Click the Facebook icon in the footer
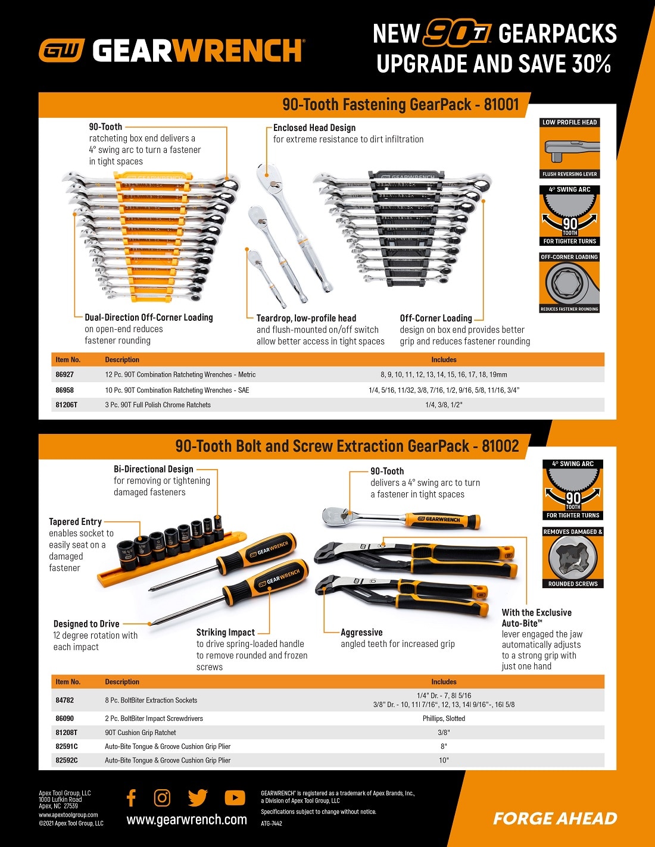pyautogui.click(x=132, y=798)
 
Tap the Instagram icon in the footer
pyautogui.click(x=162, y=798)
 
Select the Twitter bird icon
pyautogui.click(x=198, y=798)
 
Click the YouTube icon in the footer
pyautogui.click(x=235, y=798)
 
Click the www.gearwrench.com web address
pyautogui.click(x=186, y=820)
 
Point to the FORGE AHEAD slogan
pyautogui.click(x=555, y=819)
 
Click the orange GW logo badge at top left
pyautogui.click(x=61, y=51)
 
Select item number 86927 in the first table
pyautogui.click(x=64, y=375)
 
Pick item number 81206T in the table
pyautogui.click(x=66, y=405)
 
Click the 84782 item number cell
pyautogui.click(x=64, y=701)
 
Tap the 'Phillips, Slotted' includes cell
pyautogui.click(x=444, y=718)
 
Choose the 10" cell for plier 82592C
pyautogui.click(x=444, y=760)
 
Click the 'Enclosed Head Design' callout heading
pyautogui.click(x=314, y=128)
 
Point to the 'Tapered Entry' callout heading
pyautogui.click(x=75, y=522)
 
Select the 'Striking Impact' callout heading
pyautogui.click(x=225, y=632)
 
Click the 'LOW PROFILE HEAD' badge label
pyautogui.click(x=569, y=123)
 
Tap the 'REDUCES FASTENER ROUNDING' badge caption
pyautogui.click(x=569, y=309)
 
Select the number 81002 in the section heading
pyautogui.click(x=500, y=446)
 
